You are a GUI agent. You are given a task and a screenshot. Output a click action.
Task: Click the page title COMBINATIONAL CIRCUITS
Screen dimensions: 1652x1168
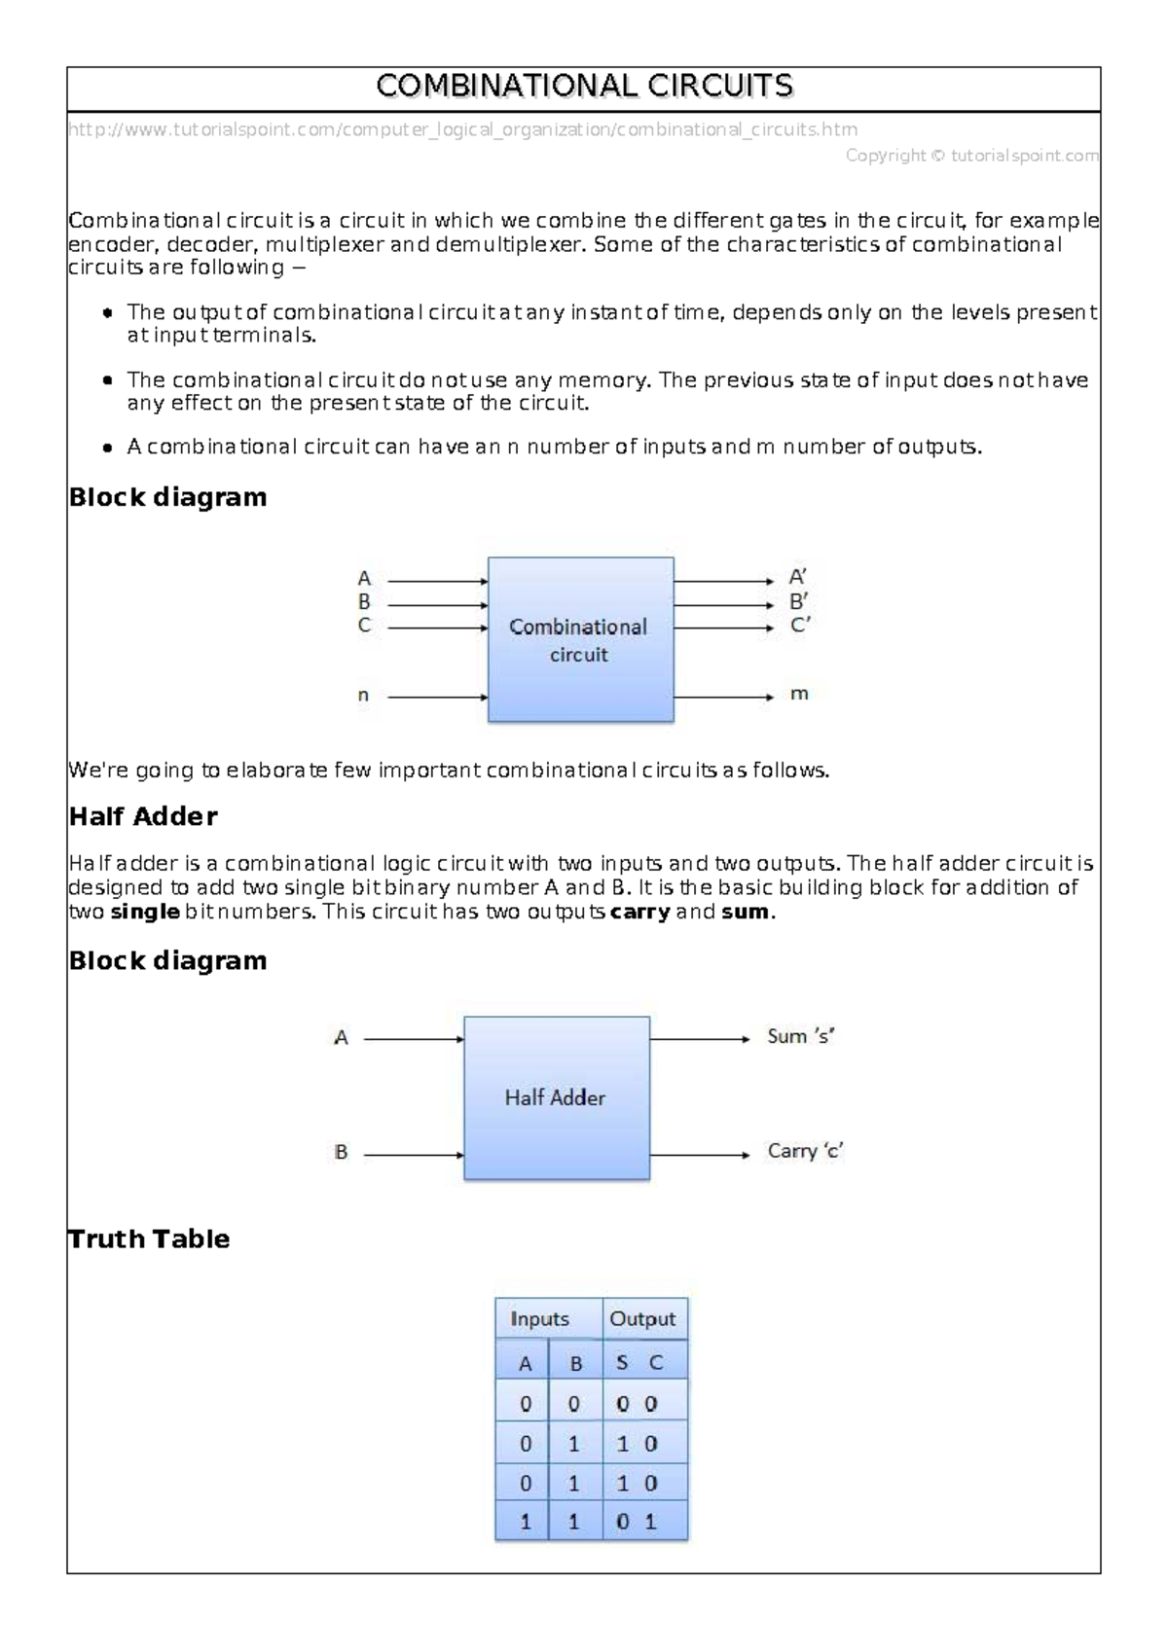point(584,88)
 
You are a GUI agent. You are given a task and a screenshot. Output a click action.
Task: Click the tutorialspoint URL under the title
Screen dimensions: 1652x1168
point(462,129)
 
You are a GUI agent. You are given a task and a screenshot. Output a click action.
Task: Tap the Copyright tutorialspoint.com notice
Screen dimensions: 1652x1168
point(971,156)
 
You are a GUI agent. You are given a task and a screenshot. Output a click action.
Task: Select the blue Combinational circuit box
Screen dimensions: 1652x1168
point(580,639)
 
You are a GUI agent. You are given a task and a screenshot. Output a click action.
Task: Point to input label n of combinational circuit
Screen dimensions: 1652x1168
point(363,696)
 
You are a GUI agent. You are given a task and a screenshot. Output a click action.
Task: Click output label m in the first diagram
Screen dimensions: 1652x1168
point(799,695)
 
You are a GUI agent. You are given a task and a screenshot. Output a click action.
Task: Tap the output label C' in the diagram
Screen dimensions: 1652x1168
point(800,626)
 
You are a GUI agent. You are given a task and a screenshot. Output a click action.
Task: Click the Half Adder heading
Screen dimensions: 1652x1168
point(143,816)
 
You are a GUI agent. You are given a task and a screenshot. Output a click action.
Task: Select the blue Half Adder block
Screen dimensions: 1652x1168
point(556,1097)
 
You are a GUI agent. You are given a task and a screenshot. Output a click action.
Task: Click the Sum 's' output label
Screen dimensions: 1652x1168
point(801,1037)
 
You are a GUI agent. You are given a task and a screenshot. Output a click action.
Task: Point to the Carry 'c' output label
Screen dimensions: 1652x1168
point(805,1152)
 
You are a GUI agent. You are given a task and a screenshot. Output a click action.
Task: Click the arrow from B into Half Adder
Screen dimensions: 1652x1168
point(413,1155)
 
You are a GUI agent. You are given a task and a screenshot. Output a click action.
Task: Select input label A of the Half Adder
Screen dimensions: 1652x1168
point(341,1038)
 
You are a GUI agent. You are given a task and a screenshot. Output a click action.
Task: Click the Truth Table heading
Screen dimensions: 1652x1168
point(149,1239)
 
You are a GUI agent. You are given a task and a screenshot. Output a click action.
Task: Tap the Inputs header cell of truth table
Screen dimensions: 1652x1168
point(540,1319)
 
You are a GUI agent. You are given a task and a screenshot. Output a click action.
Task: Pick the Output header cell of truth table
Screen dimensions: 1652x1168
point(642,1319)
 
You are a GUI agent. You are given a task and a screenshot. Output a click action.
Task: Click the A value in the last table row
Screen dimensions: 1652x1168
point(526,1523)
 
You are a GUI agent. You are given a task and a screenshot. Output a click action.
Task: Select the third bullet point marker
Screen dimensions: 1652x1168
point(107,448)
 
